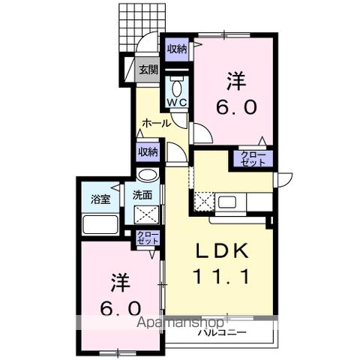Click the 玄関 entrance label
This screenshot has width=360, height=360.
click(148, 70)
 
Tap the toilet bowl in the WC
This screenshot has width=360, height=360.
click(177, 88)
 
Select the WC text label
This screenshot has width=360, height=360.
click(177, 103)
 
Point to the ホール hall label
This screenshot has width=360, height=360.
click(157, 123)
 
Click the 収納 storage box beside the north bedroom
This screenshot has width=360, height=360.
click(177, 49)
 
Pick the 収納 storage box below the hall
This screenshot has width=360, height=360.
click(148, 151)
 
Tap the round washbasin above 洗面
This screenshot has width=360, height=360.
click(148, 175)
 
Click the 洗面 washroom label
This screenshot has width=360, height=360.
click(142, 195)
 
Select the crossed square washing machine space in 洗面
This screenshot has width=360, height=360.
click(147, 214)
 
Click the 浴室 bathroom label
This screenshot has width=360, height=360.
click(100, 199)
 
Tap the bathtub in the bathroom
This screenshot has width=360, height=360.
click(100, 224)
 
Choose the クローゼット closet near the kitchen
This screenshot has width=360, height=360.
click(253, 159)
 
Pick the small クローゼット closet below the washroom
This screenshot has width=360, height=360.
click(148, 238)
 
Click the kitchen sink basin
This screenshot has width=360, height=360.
click(227, 202)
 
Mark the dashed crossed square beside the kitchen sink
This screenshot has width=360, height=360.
click(204, 202)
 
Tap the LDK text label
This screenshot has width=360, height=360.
click(222, 251)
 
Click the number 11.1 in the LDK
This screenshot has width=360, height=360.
click(221, 276)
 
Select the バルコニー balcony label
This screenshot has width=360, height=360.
click(223, 332)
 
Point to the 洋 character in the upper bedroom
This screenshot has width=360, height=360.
click(236, 81)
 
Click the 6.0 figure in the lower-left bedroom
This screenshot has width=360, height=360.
click(120, 308)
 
